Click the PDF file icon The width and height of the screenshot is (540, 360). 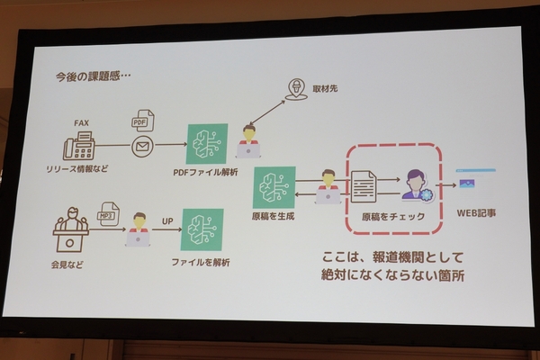[x=142, y=121]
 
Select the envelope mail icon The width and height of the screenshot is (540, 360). [x=142, y=146]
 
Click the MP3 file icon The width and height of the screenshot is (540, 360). [x=109, y=213]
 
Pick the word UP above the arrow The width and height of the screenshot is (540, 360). [x=166, y=219]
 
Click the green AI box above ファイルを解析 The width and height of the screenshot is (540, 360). [x=201, y=230]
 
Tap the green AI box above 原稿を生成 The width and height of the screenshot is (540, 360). [x=274, y=187]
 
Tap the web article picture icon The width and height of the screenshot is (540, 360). [x=469, y=184]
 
